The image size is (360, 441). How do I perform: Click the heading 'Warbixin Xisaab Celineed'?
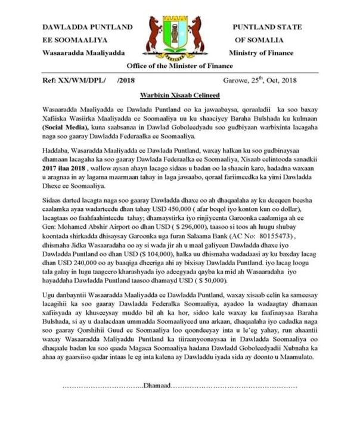click(x=179, y=96)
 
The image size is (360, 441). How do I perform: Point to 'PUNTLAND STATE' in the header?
click(x=266, y=27)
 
